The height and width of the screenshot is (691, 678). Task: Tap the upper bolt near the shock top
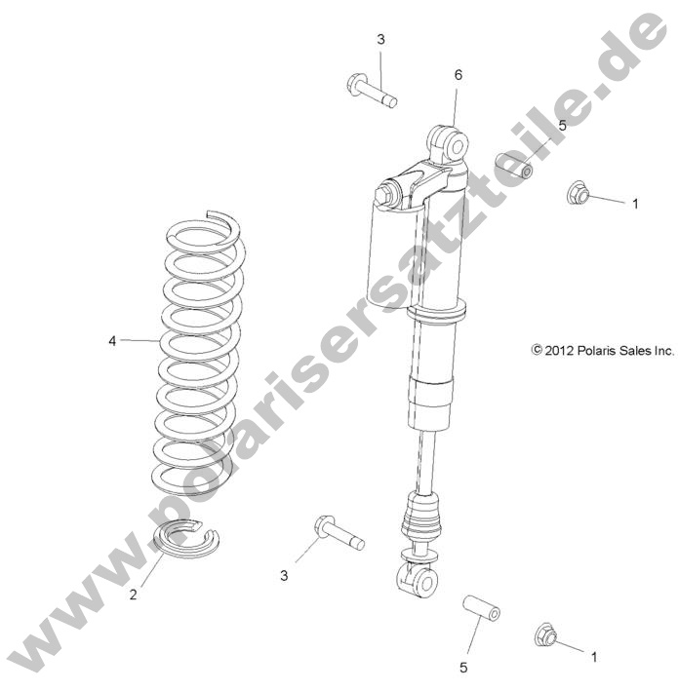(x=370, y=91)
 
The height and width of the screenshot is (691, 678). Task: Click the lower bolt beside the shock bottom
(x=338, y=531)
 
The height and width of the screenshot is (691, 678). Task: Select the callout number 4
(x=112, y=341)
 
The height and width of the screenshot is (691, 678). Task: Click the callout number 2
(x=134, y=595)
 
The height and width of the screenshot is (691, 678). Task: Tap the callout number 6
(x=458, y=75)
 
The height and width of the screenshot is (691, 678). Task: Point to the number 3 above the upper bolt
(x=380, y=39)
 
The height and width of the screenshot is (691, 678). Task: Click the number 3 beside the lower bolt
(x=285, y=576)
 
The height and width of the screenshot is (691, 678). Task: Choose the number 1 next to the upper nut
(x=635, y=204)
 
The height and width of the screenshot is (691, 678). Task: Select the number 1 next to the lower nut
(x=594, y=657)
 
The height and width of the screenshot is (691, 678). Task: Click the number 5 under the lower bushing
(x=463, y=668)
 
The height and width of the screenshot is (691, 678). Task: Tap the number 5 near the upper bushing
(x=561, y=126)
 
